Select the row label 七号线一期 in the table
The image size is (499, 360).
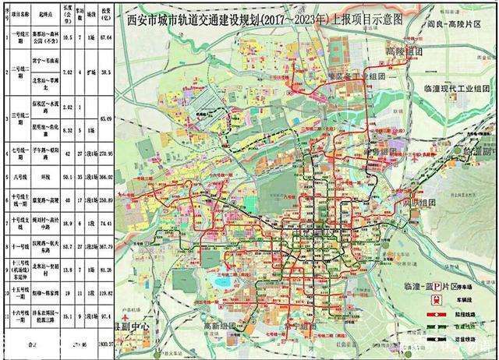(15, 154)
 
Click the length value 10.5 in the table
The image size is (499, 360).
(68, 37)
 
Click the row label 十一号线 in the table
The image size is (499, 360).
(15, 245)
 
